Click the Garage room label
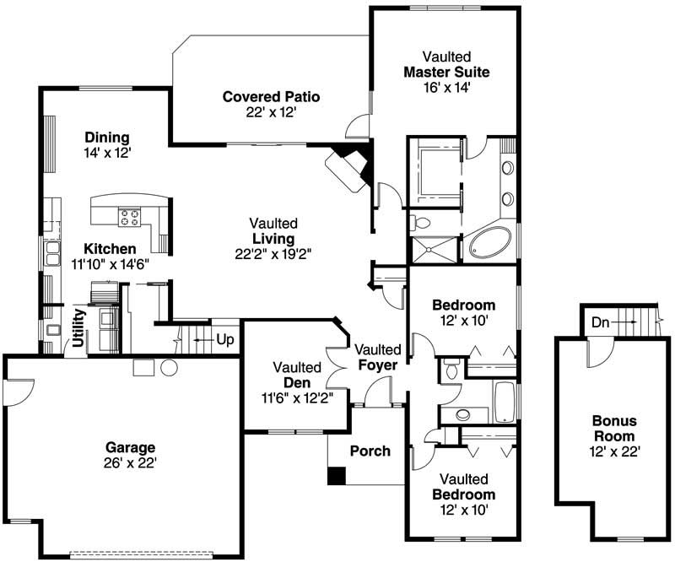[x=130, y=447]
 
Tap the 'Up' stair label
[x=225, y=339]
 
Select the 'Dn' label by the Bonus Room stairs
[x=599, y=322]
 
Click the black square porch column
[x=337, y=476]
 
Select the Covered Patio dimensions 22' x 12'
[x=271, y=111]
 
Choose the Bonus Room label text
[x=614, y=428]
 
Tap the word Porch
[x=370, y=451]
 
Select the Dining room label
[x=106, y=138]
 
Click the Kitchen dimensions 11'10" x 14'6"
[x=110, y=264]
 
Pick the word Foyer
[x=377, y=365]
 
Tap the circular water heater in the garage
[x=168, y=368]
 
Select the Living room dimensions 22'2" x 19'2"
[x=273, y=254]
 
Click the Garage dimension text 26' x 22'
[x=130, y=462]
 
